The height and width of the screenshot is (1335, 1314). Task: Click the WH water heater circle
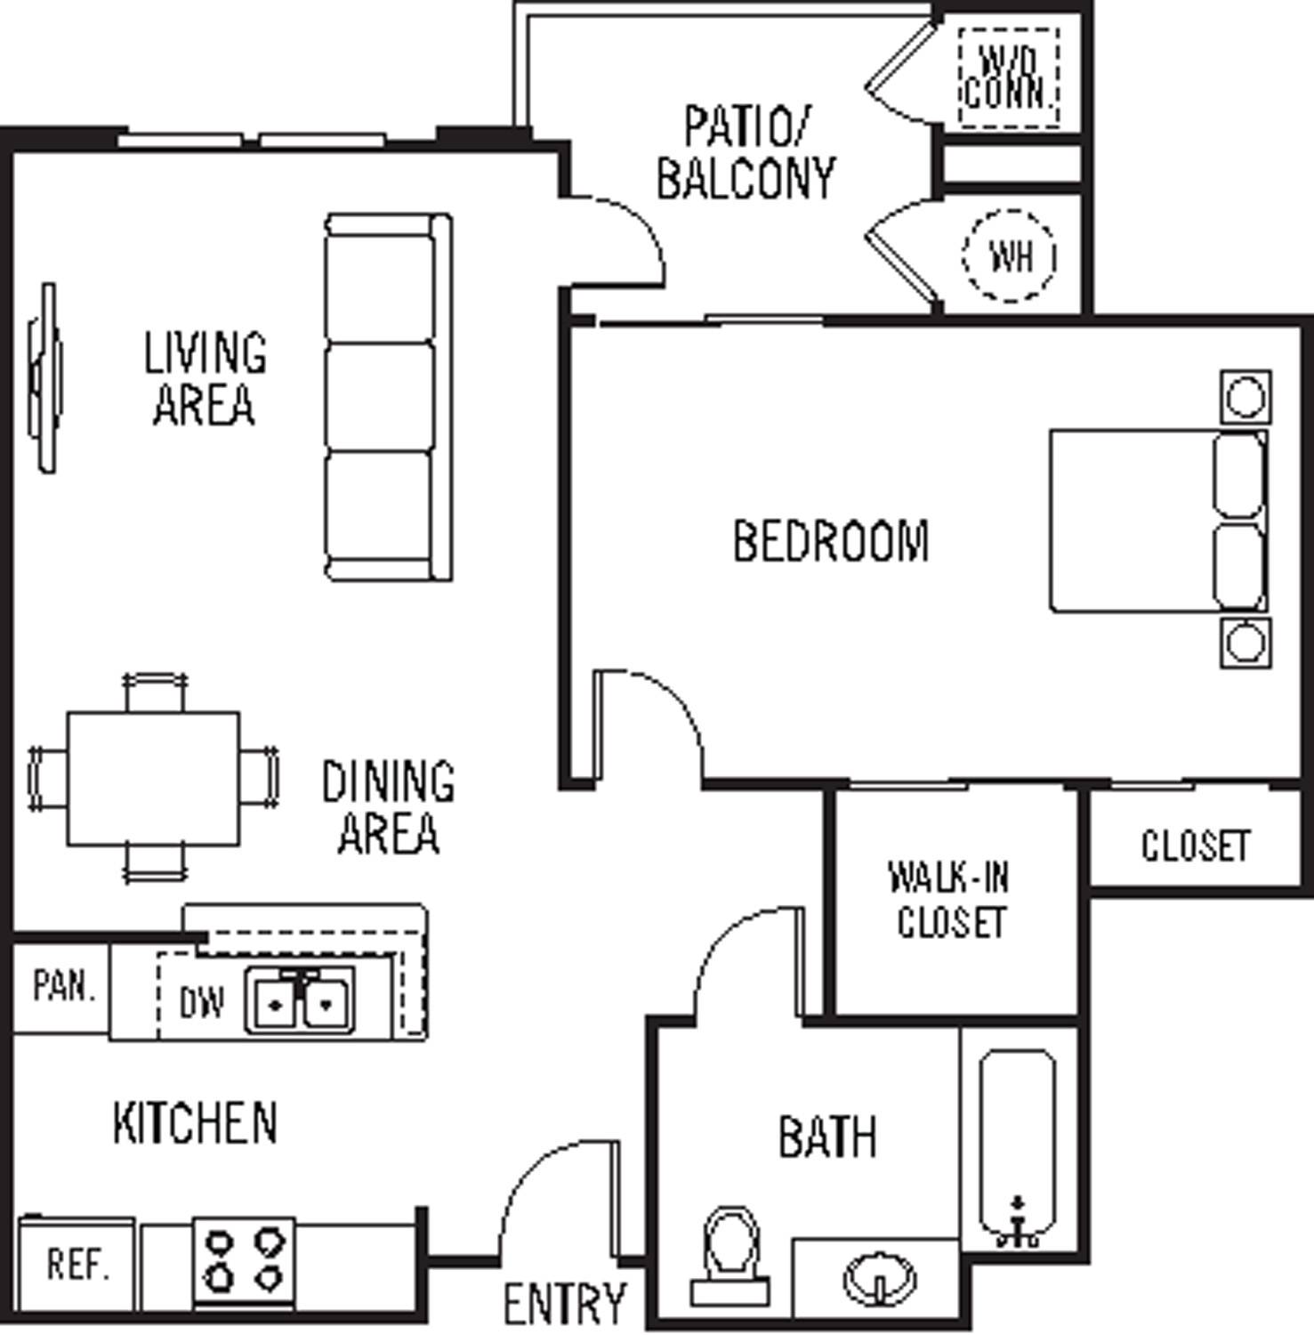[x=1010, y=256]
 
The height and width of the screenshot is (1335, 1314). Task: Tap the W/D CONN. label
[x=1010, y=77]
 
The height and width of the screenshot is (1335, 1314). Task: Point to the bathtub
[x=1018, y=1148]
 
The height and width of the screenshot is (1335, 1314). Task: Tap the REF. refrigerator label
[x=77, y=1265]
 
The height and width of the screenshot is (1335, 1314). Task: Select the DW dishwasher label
[x=202, y=1004]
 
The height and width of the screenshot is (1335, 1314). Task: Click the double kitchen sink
[x=301, y=1001]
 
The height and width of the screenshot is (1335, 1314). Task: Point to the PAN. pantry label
[x=63, y=986]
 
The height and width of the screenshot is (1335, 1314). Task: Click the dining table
[x=153, y=779]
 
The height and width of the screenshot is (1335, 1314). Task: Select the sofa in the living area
[x=387, y=397]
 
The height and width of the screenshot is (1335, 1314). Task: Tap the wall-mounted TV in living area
[x=46, y=377]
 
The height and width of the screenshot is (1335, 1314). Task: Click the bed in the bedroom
[x=1157, y=522]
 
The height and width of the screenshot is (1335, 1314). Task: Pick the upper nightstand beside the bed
[x=1245, y=397]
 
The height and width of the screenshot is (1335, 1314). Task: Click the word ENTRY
[x=565, y=1303]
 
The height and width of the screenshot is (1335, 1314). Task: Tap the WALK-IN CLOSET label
[x=950, y=900]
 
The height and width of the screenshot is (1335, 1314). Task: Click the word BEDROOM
[x=831, y=541]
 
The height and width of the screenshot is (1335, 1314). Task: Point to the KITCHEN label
[x=195, y=1122]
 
